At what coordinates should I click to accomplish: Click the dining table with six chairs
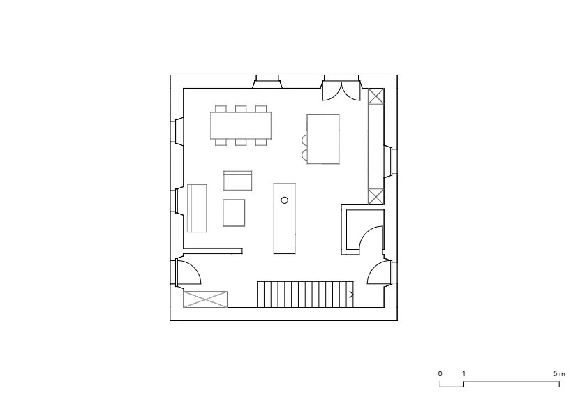[241, 126]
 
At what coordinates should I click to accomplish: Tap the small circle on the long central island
[285, 200]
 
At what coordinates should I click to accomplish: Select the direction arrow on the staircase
[351, 295]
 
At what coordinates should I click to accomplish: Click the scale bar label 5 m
[559, 374]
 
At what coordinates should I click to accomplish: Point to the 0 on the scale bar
[440, 374]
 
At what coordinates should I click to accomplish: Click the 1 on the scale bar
[463, 374]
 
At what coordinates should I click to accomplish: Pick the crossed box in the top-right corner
[376, 96]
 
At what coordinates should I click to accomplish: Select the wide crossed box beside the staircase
[205, 299]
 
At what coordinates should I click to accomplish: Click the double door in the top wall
[341, 90]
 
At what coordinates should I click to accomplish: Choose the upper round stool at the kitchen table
[304, 140]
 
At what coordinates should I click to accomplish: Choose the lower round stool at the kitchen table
[304, 155]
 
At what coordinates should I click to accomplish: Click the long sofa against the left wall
[197, 208]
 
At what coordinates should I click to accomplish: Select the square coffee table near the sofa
[234, 213]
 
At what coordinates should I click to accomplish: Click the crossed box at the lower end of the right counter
[376, 196]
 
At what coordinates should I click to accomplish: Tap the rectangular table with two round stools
[323, 139]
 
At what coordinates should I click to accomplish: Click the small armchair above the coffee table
[237, 181]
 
